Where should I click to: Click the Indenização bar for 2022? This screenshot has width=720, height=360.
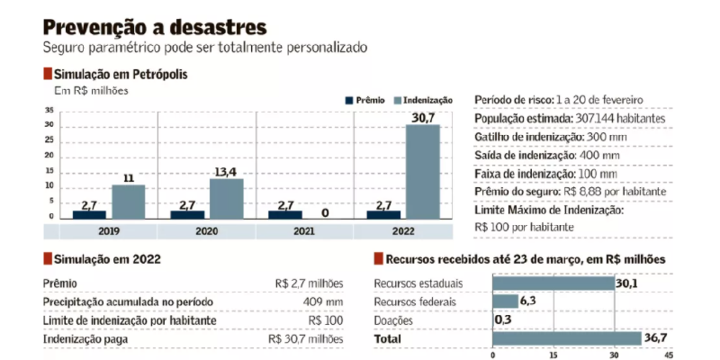click(423, 171)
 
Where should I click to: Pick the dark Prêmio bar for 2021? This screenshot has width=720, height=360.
click(285, 214)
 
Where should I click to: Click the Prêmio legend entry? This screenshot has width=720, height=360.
click(364, 100)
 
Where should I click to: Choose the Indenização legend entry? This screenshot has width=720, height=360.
click(423, 100)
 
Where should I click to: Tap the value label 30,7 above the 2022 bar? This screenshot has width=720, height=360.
click(423, 117)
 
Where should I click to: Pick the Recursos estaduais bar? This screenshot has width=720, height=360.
click(553, 283)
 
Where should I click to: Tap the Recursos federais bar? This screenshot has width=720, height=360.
click(505, 301)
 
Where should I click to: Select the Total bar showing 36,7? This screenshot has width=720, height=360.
click(566, 338)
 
